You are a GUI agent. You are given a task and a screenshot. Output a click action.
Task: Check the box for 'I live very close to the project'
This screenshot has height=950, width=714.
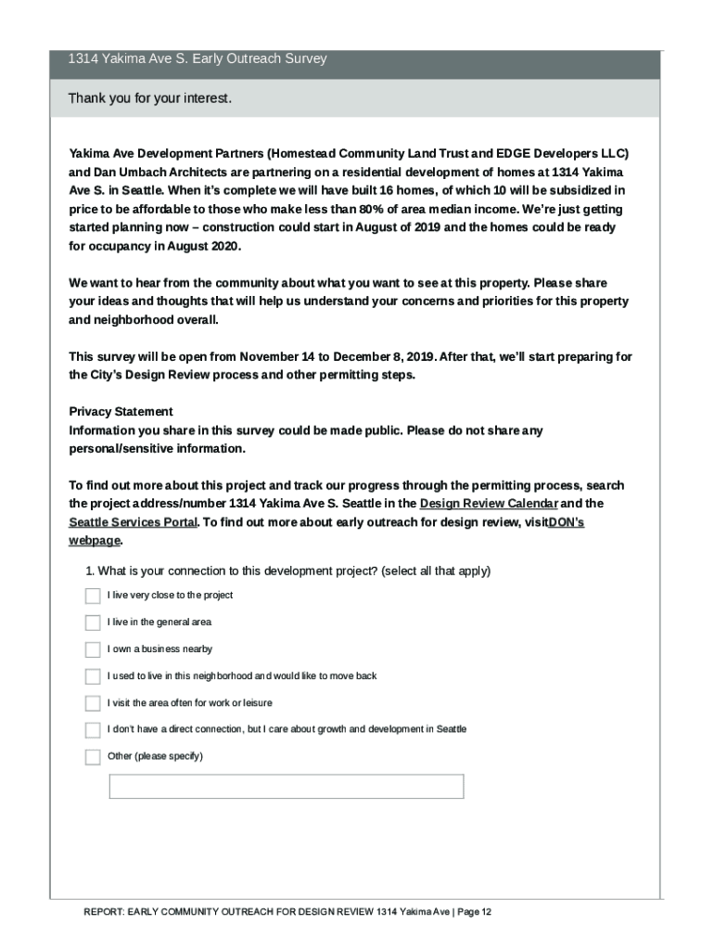(93, 596)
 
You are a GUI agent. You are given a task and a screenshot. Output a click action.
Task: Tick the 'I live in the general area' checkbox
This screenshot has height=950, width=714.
(93, 623)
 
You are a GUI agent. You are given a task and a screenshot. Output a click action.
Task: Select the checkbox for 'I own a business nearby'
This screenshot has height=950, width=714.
(93, 649)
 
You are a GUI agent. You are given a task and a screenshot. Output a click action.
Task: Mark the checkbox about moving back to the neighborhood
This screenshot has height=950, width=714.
(93, 676)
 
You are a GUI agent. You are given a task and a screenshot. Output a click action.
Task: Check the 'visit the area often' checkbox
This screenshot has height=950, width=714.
(93, 703)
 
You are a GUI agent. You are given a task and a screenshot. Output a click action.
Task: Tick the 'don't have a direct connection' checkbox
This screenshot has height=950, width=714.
(93, 730)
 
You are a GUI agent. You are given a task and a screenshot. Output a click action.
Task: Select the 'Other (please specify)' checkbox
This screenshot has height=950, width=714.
(93, 757)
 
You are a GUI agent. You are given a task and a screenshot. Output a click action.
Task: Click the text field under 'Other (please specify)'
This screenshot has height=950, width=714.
(286, 787)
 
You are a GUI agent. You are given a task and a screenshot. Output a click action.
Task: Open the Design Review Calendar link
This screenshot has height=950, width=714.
(489, 504)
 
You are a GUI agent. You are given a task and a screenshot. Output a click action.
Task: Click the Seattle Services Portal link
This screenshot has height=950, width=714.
(133, 522)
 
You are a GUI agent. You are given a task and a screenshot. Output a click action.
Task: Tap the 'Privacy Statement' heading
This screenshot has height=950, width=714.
(121, 412)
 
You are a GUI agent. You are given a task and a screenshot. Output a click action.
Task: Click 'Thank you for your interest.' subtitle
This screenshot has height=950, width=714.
(149, 98)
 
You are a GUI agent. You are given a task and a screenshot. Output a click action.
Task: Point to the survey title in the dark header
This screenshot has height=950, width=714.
(197, 59)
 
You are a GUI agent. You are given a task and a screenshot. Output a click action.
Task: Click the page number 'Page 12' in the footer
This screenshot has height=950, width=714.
(474, 912)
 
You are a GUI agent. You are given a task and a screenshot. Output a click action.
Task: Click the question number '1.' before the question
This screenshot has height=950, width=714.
(89, 571)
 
